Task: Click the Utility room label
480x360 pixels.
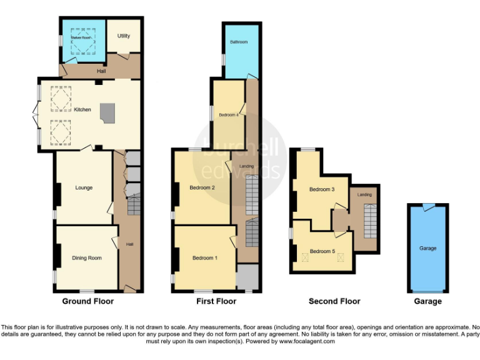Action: coord(124,36)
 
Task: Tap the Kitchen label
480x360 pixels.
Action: coord(82,110)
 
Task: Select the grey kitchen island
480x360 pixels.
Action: coord(107,112)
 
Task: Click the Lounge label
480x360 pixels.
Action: coord(84,187)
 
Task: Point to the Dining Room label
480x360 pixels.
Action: coord(86,257)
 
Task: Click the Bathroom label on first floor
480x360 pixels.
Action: coord(238,42)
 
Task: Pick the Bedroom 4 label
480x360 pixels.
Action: coord(228,115)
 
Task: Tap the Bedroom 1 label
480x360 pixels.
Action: coord(204,257)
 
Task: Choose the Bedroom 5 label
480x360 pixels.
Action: coord(322,251)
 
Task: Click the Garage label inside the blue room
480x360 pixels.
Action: coord(427,248)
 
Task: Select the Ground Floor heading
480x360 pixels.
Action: coord(88,301)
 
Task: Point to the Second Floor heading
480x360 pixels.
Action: coord(334,301)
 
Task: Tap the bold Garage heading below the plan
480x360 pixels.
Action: coord(427,301)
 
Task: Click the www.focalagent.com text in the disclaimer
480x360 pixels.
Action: coord(307,341)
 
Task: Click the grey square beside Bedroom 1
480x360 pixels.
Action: coord(247,276)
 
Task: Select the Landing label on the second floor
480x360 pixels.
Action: coord(364,195)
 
